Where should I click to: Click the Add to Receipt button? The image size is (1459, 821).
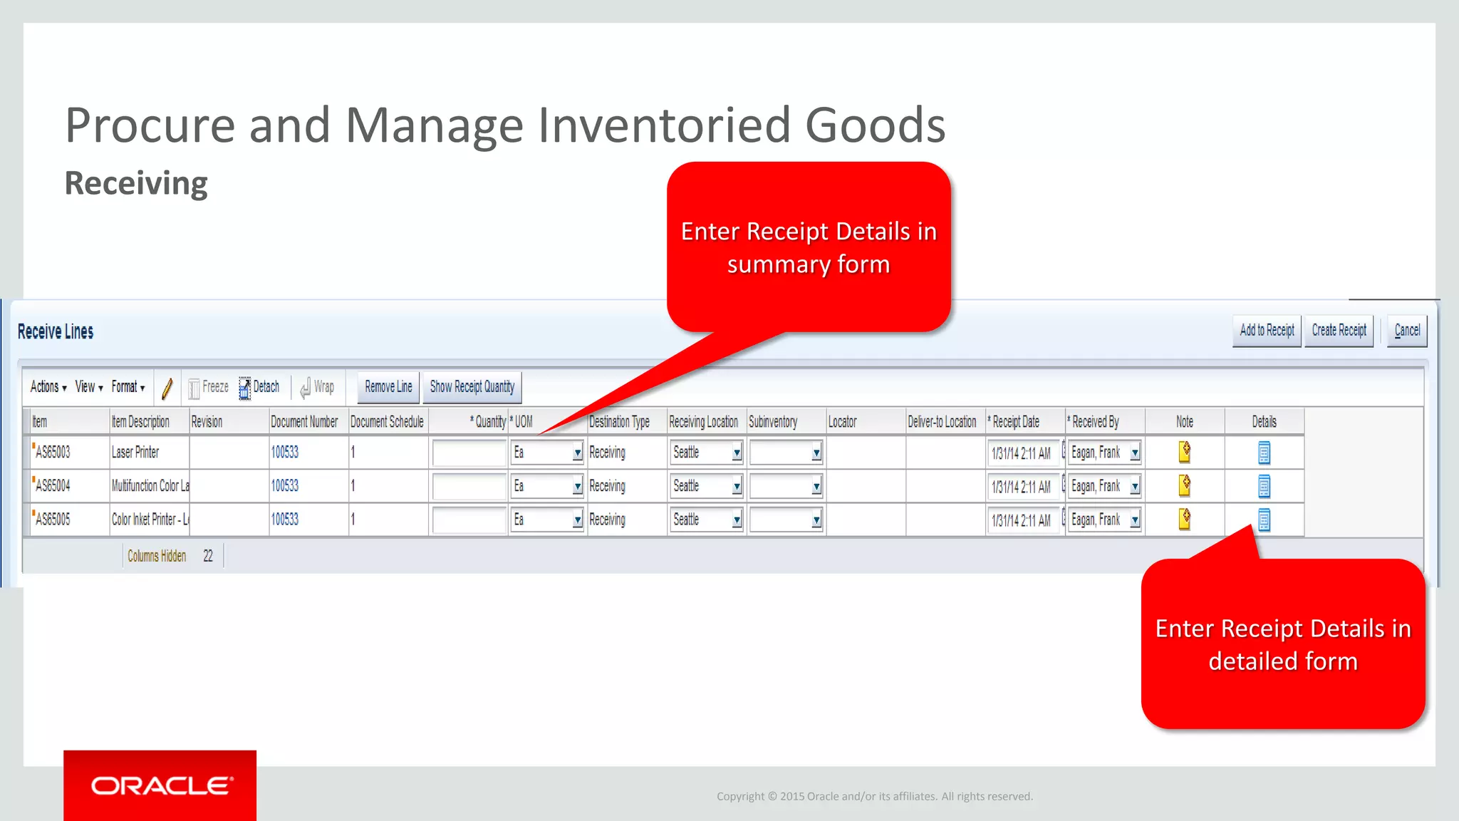(1267, 331)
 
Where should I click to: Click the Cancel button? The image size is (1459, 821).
(1406, 331)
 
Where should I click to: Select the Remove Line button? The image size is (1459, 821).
(388, 387)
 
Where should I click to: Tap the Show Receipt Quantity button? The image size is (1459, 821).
(472, 387)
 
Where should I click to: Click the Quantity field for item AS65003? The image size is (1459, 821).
(469, 453)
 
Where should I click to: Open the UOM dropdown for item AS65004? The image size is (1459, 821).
(577, 487)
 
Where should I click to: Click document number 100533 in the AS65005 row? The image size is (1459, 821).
(285, 520)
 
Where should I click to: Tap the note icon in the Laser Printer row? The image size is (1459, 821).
(1185, 452)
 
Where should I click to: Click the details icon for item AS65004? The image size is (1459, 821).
(1264, 487)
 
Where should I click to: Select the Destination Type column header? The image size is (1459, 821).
(619, 422)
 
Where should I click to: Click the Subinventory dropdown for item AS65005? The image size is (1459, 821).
(816, 520)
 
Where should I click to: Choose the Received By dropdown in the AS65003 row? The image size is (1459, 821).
(1134, 453)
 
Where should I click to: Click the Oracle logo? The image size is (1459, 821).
(160, 785)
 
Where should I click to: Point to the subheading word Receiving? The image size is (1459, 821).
(136, 183)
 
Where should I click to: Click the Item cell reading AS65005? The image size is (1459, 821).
(53, 520)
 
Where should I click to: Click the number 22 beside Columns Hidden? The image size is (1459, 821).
(208, 556)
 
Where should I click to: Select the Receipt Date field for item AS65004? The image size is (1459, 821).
(1022, 487)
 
